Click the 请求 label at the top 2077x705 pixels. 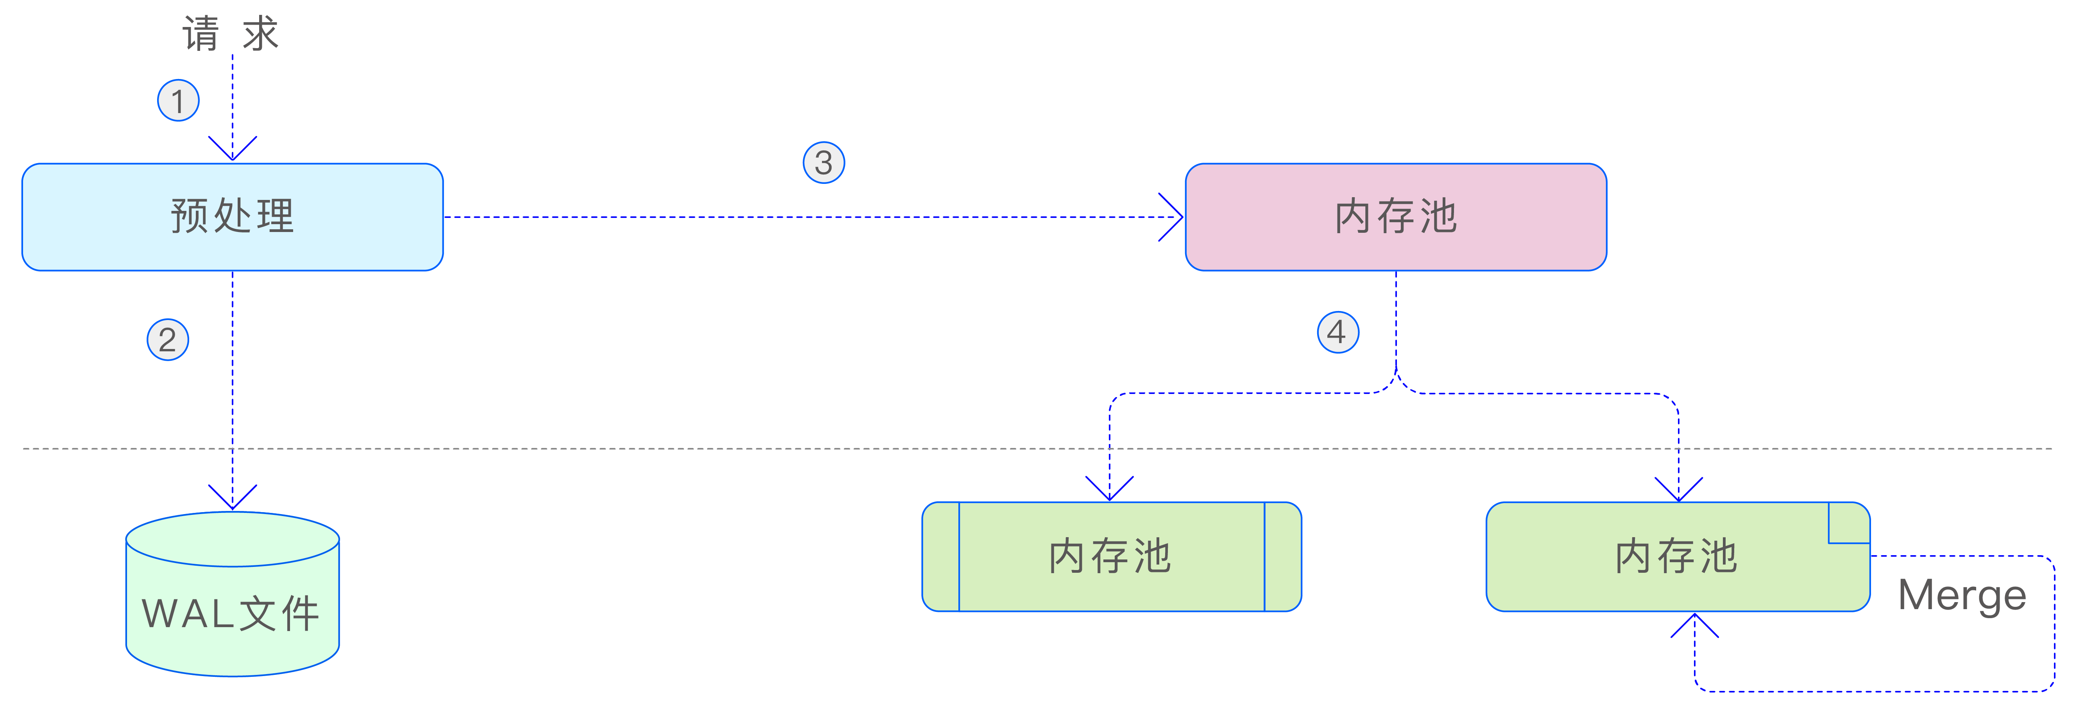pyautogui.click(x=231, y=34)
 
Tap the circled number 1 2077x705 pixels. pyautogui.click(x=178, y=101)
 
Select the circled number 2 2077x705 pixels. pyautogui.click(x=168, y=340)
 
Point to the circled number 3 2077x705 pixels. pyautogui.click(x=823, y=163)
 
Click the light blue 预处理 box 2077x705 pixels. pyautogui.click(x=232, y=216)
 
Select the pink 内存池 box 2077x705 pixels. pyautogui.click(x=1396, y=216)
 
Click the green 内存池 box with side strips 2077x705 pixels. pyautogui.click(x=1111, y=557)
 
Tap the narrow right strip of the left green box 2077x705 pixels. pyautogui.click(x=1282, y=557)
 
